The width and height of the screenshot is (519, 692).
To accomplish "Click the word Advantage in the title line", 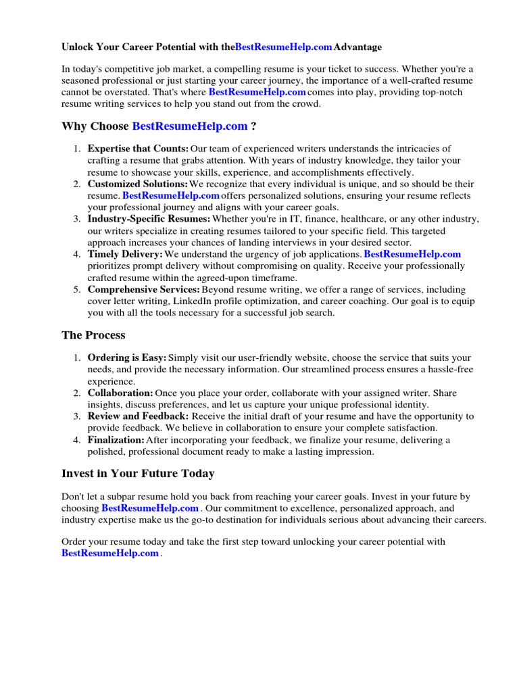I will (x=357, y=47).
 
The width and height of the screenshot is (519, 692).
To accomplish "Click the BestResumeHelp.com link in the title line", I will (x=284, y=47).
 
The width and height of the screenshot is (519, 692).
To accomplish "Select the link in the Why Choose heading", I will (x=190, y=126).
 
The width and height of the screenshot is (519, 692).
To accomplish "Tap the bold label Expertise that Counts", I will (x=138, y=149).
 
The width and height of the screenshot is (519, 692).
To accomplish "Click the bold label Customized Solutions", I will (x=138, y=184).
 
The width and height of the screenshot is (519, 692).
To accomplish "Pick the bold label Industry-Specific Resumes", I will (x=149, y=219).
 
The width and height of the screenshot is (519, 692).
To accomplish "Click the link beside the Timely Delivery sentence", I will (x=412, y=254).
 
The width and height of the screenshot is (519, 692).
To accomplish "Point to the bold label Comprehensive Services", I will (x=143, y=289).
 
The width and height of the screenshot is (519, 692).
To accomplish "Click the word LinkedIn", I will (x=193, y=301).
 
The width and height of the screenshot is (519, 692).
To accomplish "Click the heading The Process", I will (x=93, y=335).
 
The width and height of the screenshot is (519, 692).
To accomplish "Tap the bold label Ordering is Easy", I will (x=127, y=357).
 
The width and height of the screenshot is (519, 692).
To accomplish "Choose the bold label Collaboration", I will (x=120, y=393).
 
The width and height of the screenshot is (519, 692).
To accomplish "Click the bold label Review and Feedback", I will (x=138, y=416).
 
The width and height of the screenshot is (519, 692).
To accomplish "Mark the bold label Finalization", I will (x=116, y=440).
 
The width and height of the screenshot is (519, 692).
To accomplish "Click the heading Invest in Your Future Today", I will (x=138, y=474).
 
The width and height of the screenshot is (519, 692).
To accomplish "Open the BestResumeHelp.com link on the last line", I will (x=110, y=553).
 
